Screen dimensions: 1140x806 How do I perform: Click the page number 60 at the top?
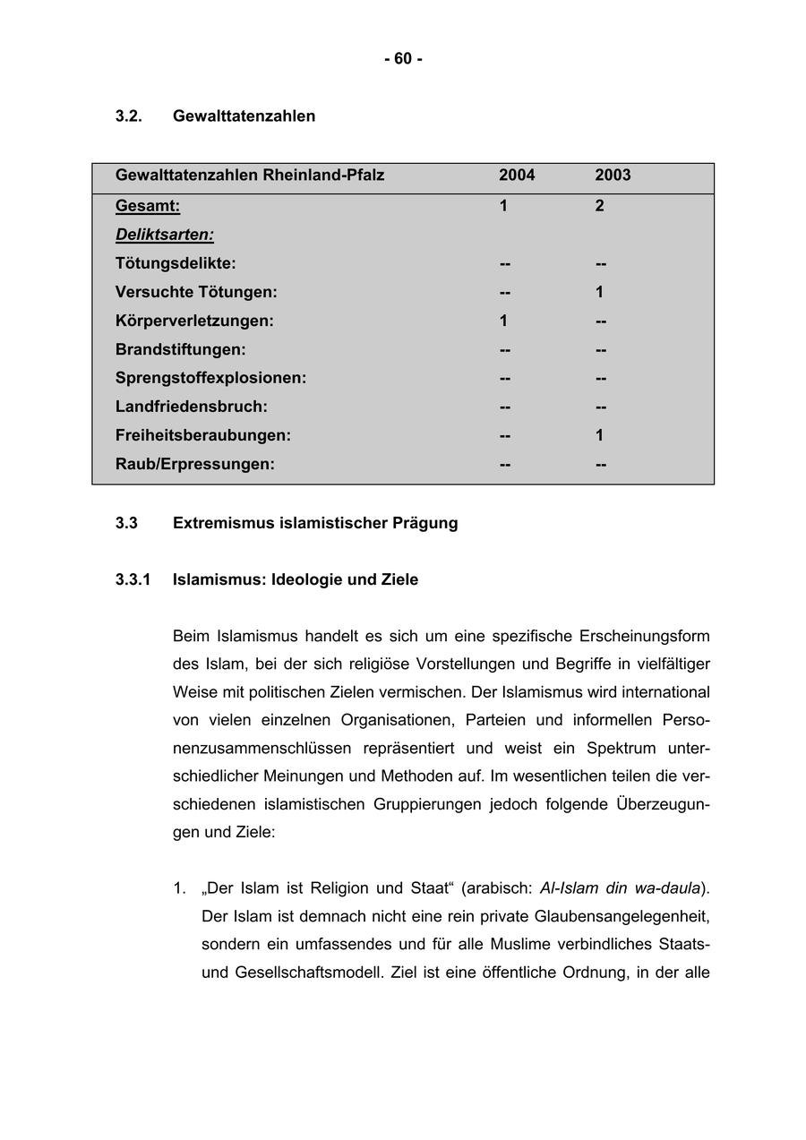pyautogui.click(x=403, y=59)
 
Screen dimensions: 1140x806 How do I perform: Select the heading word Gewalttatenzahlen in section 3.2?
pyautogui.click(x=244, y=116)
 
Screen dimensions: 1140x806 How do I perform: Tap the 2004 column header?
pyautogui.click(x=517, y=176)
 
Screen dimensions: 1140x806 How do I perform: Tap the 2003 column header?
pyautogui.click(x=613, y=176)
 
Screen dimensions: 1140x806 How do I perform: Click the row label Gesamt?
pyautogui.click(x=148, y=206)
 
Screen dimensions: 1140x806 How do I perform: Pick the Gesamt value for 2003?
pyautogui.click(x=599, y=206)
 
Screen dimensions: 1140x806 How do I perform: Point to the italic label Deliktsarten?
pyautogui.click(x=165, y=235)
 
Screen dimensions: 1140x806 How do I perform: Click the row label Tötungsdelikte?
pyautogui.click(x=176, y=263)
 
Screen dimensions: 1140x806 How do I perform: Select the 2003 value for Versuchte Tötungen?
pyautogui.click(x=599, y=292)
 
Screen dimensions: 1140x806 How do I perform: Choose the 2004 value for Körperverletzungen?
pyautogui.click(x=503, y=321)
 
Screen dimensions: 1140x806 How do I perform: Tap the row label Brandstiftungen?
pyautogui.click(x=180, y=349)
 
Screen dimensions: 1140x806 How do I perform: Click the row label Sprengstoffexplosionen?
pyautogui.click(x=210, y=378)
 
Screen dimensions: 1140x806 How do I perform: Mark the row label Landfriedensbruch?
pyautogui.click(x=192, y=407)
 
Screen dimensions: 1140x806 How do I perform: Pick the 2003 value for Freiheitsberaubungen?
pyautogui.click(x=599, y=435)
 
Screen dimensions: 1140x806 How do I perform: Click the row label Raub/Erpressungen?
pyautogui.click(x=195, y=464)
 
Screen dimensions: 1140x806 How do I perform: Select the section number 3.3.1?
pyautogui.click(x=133, y=580)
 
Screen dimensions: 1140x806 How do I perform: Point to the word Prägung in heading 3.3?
pyautogui.click(x=424, y=523)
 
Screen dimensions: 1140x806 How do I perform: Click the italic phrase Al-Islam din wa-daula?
pyautogui.click(x=620, y=888)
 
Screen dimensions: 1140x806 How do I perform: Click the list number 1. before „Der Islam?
pyautogui.click(x=179, y=888)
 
